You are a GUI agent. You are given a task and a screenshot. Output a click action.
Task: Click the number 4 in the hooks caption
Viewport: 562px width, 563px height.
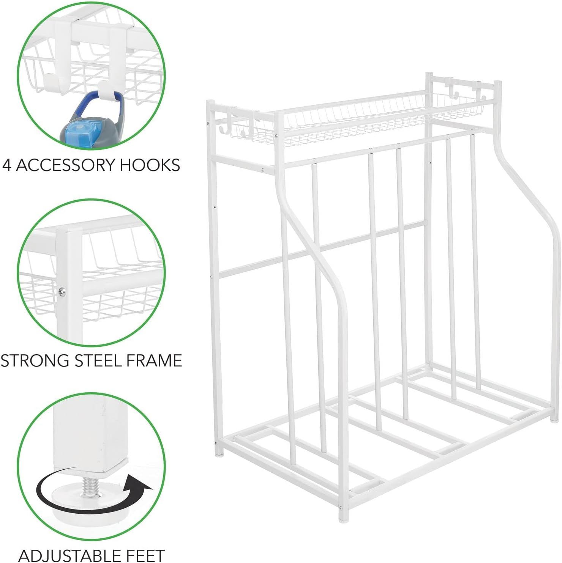tap(6, 165)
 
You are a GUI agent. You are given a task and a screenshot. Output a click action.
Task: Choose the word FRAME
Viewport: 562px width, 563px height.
tap(154, 360)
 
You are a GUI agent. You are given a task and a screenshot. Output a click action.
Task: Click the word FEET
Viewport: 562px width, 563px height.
tap(142, 555)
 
